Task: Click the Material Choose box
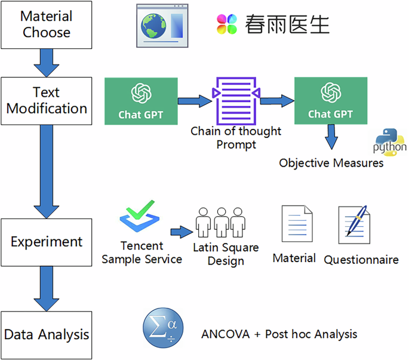[46, 24]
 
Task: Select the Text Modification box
[46, 100]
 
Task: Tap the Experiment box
[46, 242]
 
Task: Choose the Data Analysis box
[46, 334]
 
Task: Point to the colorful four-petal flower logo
[227, 24]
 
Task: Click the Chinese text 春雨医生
[287, 24]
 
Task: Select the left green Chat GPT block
[140, 101]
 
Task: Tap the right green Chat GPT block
[330, 101]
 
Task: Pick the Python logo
[389, 142]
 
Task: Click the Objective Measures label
[331, 162]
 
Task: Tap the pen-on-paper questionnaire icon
[356, 227]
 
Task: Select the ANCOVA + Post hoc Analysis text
[279, 334]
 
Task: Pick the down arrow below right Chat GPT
[330, 138]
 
